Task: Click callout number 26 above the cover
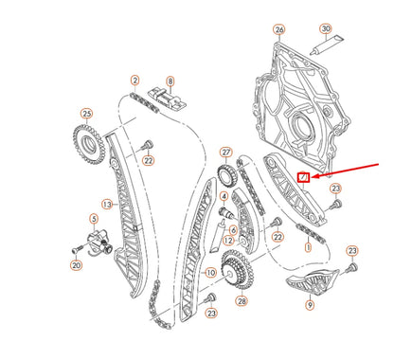[279, 29]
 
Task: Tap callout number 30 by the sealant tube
[326, 29]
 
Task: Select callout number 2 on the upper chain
[135, 81]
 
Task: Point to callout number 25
[86, 114]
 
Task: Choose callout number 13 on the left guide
[108, 204]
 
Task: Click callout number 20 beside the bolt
[76, 266]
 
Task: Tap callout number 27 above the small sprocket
[225, 152]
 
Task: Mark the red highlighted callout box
[303, 176]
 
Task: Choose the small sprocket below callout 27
[225, 175]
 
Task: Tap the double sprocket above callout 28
[234, 269]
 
